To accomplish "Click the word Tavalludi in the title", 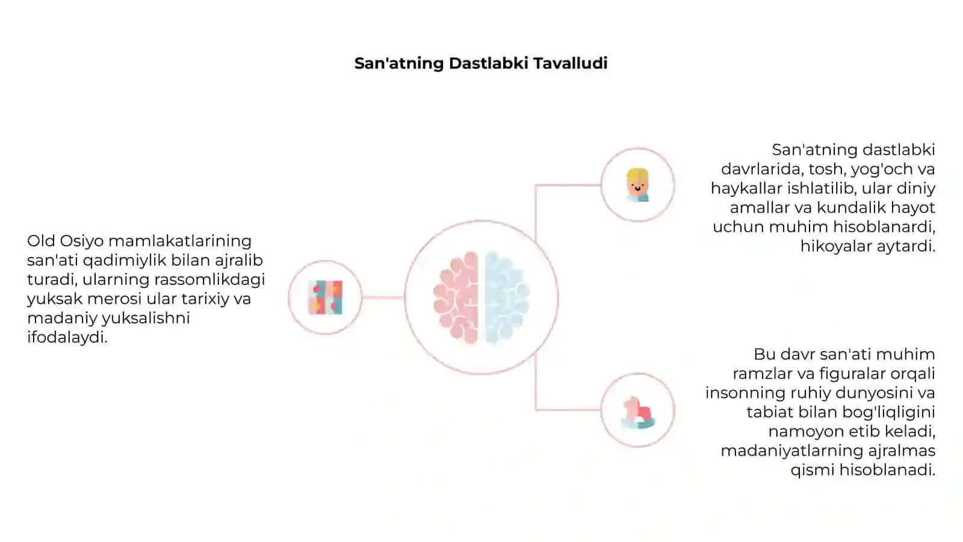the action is pyautogui.click(x=571, y=63).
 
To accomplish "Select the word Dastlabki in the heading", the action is pyautogui.click(x=489, y=63).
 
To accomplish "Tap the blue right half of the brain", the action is pyautogui.click(x=507, y=297).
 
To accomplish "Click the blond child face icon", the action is pyautogui.click(x=637, y=185).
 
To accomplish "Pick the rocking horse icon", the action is pyautogui.click(x=638, y=413).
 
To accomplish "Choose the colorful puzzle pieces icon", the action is pyautogui.click(x=326, y=297).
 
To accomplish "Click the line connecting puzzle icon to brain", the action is pyautogui.click(x=383, y=297).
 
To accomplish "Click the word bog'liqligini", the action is pyautogui.click(x=888, y=413).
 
